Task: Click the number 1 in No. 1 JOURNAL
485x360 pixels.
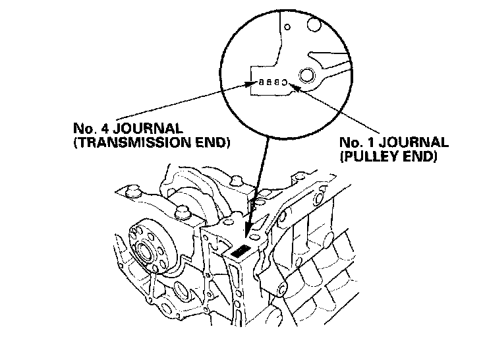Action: (x=376, y=143)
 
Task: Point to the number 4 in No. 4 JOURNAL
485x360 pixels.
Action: (x=105, y=126)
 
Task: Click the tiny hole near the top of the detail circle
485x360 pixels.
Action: (x=287, y=28)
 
